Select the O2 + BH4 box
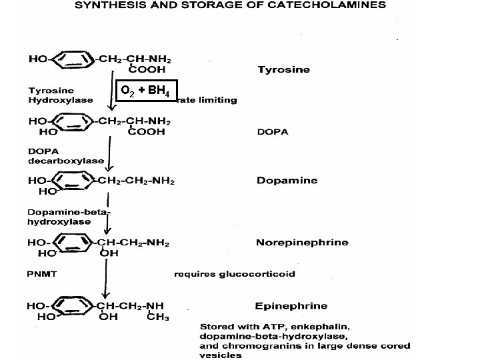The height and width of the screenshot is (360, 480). [x=147, y=91]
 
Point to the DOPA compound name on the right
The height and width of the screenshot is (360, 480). [x=273, y=131]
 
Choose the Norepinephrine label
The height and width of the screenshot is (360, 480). [x=301, y=242]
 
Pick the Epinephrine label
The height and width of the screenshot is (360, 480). [x=291, y=306]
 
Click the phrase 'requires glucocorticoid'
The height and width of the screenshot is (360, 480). [x=234, y=273]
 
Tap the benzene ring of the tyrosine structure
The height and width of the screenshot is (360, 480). [x=73, y=59]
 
